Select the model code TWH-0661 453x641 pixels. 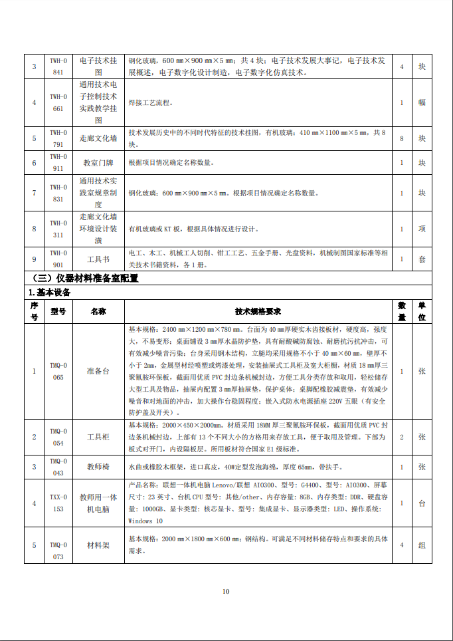pyautogui.click(x=58, y=102)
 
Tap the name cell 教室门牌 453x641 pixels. pyautogui.click(x=98, y=162)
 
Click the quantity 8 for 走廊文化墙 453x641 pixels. pyautogui.click(x=402, y=138)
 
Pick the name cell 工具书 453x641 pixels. pyautogui.click(x=98, y=259)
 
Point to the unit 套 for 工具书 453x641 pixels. pyautogui.click(x=422, y=259)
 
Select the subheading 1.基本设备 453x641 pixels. pyautogui.click(x=50, y=292)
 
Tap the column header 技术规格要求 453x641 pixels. pyautogui.click(x=258, y=311)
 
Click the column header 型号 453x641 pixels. pyautogui.click(x=58, y=311)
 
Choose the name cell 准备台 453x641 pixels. pyautogui.click(x=98, y=371)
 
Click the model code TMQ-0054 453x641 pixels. pyautogui.click(x=58, y=437)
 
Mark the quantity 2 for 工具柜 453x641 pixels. pyautogui.click(x=402, y=437)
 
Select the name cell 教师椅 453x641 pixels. pyautogui.click(x=98, y=467)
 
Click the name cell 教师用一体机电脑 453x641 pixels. pyautogui.click(x=98, y=503)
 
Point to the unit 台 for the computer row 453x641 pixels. pyautogui.click(x=422, y=503)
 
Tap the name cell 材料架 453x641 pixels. pyautogui.click(x=98, y=545)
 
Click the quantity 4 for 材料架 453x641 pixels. pyautogui.click(x=402, y=545)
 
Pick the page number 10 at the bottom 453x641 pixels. pyautogui.click(x=226, y=591)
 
